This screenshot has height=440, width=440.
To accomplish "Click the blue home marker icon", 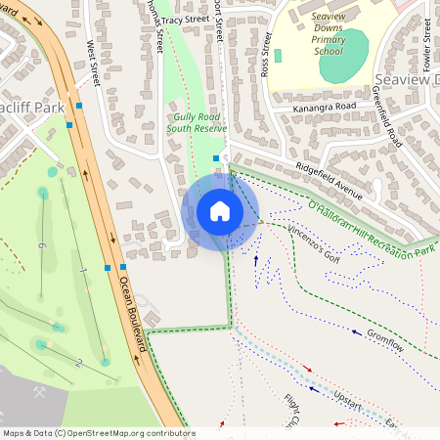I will [x=220, y=211].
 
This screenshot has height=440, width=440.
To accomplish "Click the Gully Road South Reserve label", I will [x=197, y=122].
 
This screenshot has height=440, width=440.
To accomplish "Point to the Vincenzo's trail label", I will [x=313, y=242].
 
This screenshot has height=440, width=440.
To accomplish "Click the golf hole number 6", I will [x=42, y=245].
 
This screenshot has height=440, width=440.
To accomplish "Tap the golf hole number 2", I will [x=77, y=363].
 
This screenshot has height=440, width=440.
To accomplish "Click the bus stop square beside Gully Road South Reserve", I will [x=216, y=157].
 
